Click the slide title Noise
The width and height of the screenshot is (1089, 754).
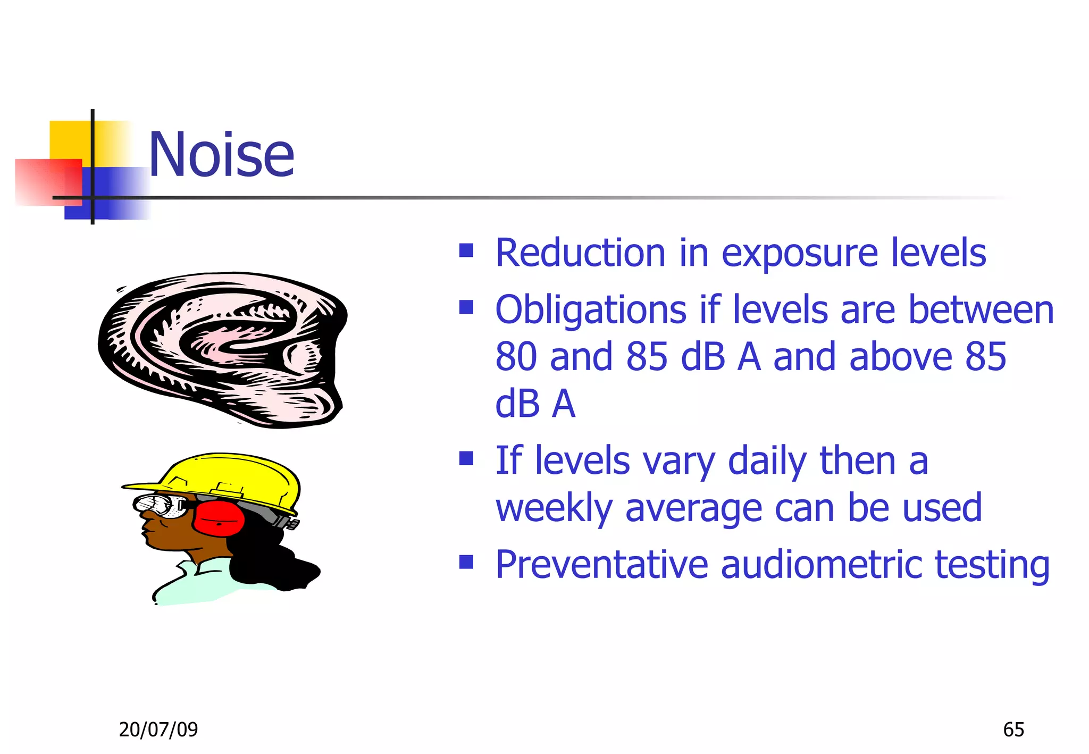[x=221, y=155]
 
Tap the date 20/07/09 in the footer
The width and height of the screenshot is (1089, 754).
[x=158, y=730]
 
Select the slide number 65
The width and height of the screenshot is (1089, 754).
[x=1013, y=730]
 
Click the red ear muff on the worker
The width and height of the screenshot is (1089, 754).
[x=218, y=518]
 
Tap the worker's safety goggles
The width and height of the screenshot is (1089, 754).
[x=160, y=505]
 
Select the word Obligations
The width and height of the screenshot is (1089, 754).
[x=591, y=310]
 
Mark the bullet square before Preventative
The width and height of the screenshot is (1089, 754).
[x=466, y=562]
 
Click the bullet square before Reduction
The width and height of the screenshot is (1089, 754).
[x=466, y=250]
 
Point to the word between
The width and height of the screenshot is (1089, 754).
[x=981, y=310]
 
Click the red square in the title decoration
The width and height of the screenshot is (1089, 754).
[x=48, y=182]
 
